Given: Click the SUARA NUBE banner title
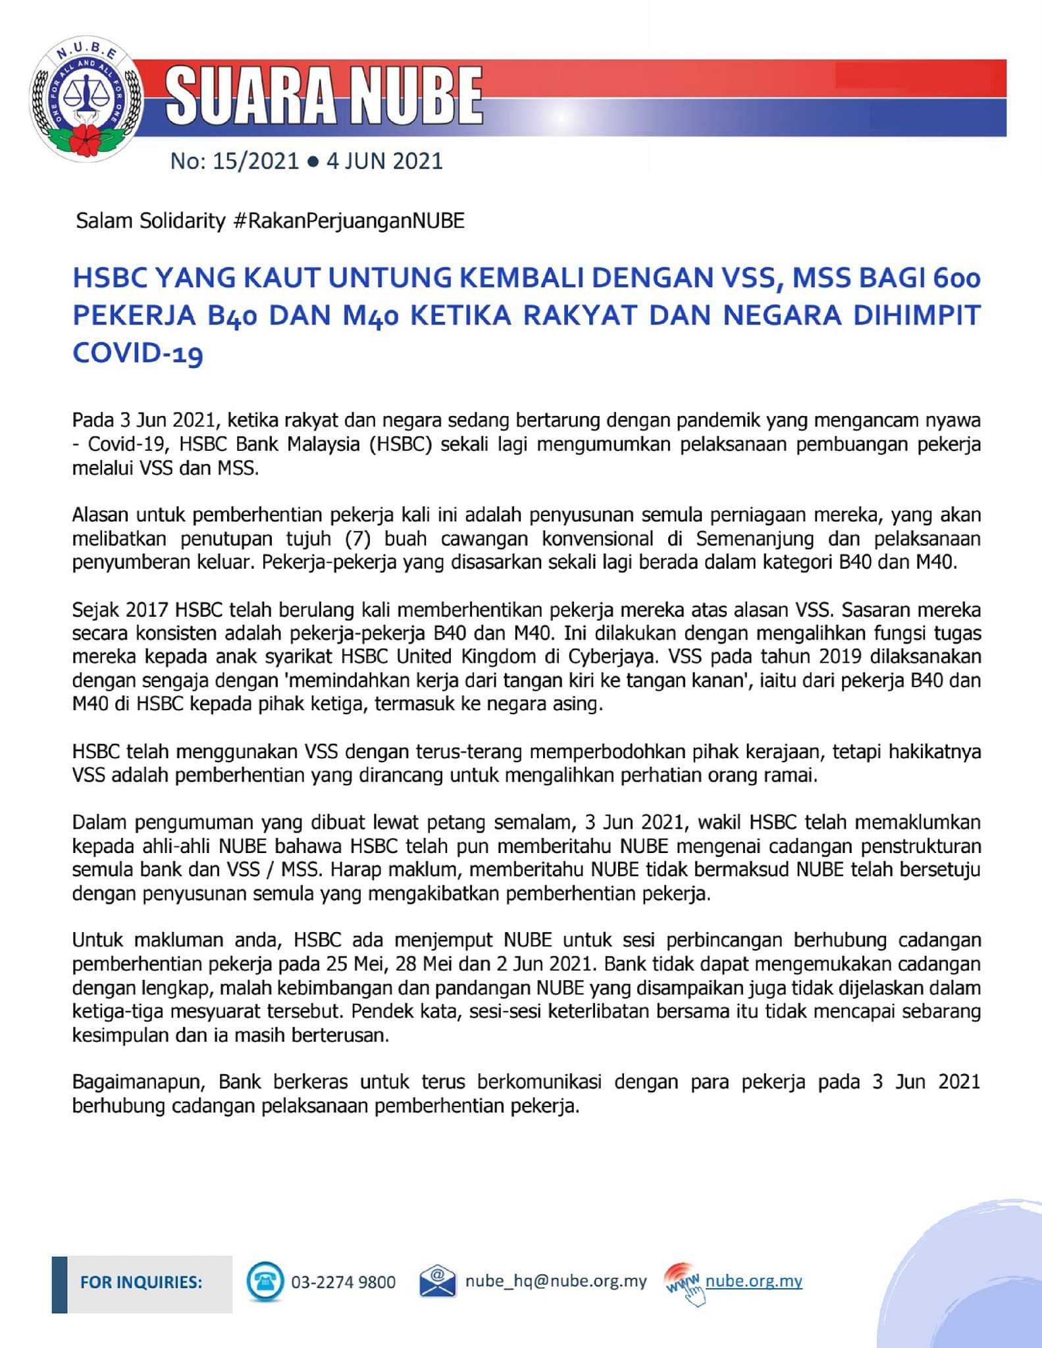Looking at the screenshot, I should pyautogui.click(x=325, y=97).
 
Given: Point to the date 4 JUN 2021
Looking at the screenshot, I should pyautogui.click(x=385, y=161).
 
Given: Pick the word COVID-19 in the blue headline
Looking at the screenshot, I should pyautogui.click(x=138, y=353).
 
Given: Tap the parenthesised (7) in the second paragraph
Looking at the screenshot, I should pyautogui.click(x=358, y=538).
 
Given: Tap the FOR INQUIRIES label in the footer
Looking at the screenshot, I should pyautogui.click(x=141, y=1282).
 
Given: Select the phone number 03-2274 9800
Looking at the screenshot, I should pyautogui.click(x=344, y=1282).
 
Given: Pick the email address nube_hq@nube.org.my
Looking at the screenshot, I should pyautogui.click(x=556, y=1282).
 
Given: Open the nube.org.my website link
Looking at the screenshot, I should pyautogui.click(x=754, y=1281).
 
